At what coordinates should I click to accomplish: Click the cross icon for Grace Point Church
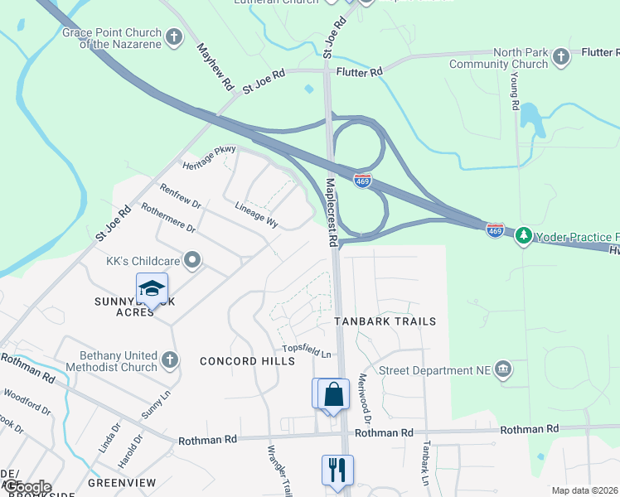(x=174, y=36)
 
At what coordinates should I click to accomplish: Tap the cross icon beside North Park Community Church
(x=561, y=57)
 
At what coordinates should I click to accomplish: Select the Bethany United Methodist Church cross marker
(x=169, y=359)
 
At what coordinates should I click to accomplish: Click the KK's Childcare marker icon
(x=192, y=261)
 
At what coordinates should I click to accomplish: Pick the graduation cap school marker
(x=152, y=289)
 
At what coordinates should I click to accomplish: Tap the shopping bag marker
(x=333, y=394)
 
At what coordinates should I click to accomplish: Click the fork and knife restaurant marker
(x=337, y=470)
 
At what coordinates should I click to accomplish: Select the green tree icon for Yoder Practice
(x=523, y=237)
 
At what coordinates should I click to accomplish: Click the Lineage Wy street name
(x=256, y=213)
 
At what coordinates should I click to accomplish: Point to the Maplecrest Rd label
(x=332, y=212)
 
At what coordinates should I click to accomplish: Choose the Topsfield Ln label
(x=307, y=350)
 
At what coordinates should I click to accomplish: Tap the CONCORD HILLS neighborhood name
(x=247, y=361)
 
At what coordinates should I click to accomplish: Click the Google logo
(x=27, y=487)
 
